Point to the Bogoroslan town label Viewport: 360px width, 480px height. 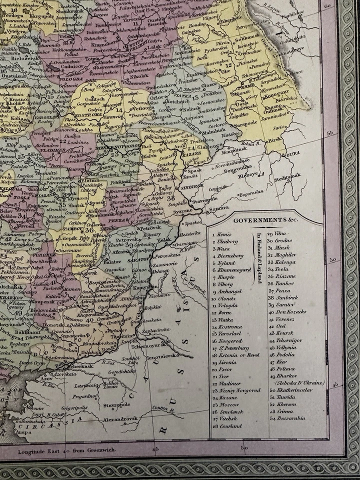tap(251, 195)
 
